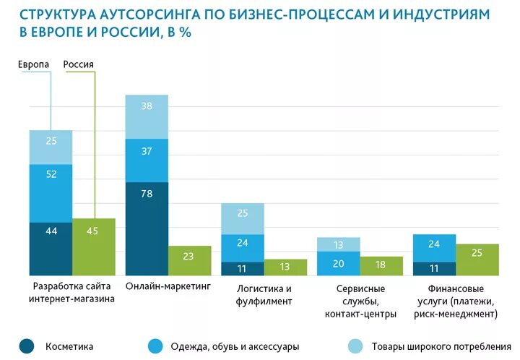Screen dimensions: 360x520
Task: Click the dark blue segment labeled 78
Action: coord(147,228)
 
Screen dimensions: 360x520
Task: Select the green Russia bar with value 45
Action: coord(94,247)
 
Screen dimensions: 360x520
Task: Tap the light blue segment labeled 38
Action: coord(147,116)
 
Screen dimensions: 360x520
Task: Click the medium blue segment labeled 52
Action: coord(51,193)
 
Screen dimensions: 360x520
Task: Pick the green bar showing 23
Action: coord(190,260)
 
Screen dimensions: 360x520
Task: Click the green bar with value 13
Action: coord(285,267)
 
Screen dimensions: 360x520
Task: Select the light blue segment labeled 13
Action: coord(339,244)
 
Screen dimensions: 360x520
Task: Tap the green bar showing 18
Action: coord(381,265)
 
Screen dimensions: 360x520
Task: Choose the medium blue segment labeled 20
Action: coord(339,264)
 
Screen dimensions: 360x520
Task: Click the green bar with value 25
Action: coord(477,260)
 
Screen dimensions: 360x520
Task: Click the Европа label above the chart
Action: coord(34,64)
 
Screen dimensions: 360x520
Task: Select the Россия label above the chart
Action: coord(79,64)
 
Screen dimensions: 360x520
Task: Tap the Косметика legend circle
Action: coord(27,346)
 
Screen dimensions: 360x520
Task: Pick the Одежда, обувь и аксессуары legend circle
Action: coord(154,346)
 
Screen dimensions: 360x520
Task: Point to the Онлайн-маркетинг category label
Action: coord(168,286)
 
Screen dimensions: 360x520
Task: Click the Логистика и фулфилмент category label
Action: coord(264,294)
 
